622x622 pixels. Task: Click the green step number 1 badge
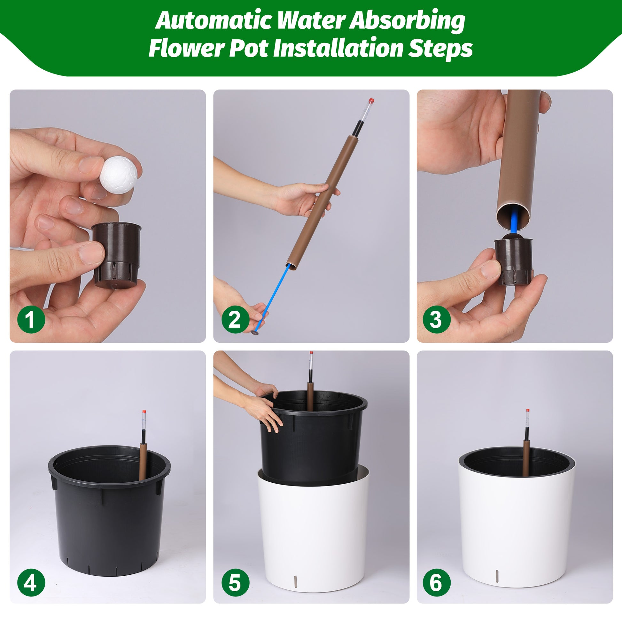click(x=31, y=319)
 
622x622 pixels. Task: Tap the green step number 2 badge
click(x=235, y=319)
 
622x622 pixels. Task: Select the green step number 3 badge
click(x=436, y=319)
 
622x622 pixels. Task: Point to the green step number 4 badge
click(x=31, y=582)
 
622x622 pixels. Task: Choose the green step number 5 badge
click(x=235, y=582)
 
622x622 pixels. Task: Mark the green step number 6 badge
click(x=436, y=582)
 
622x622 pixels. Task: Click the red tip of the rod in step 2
click(x=371, y=100)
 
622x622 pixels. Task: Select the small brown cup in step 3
click(x=514, y=261)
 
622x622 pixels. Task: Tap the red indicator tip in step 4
click(x=144, y=412)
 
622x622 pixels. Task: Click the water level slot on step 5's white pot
click(x=297, y=580)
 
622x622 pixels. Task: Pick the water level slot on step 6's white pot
click(x=497, y=576)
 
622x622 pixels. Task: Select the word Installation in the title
click(x=338, y=48)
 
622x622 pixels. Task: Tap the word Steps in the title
click(x=440, y=49)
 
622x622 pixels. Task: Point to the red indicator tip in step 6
click(x=528, y=411)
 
